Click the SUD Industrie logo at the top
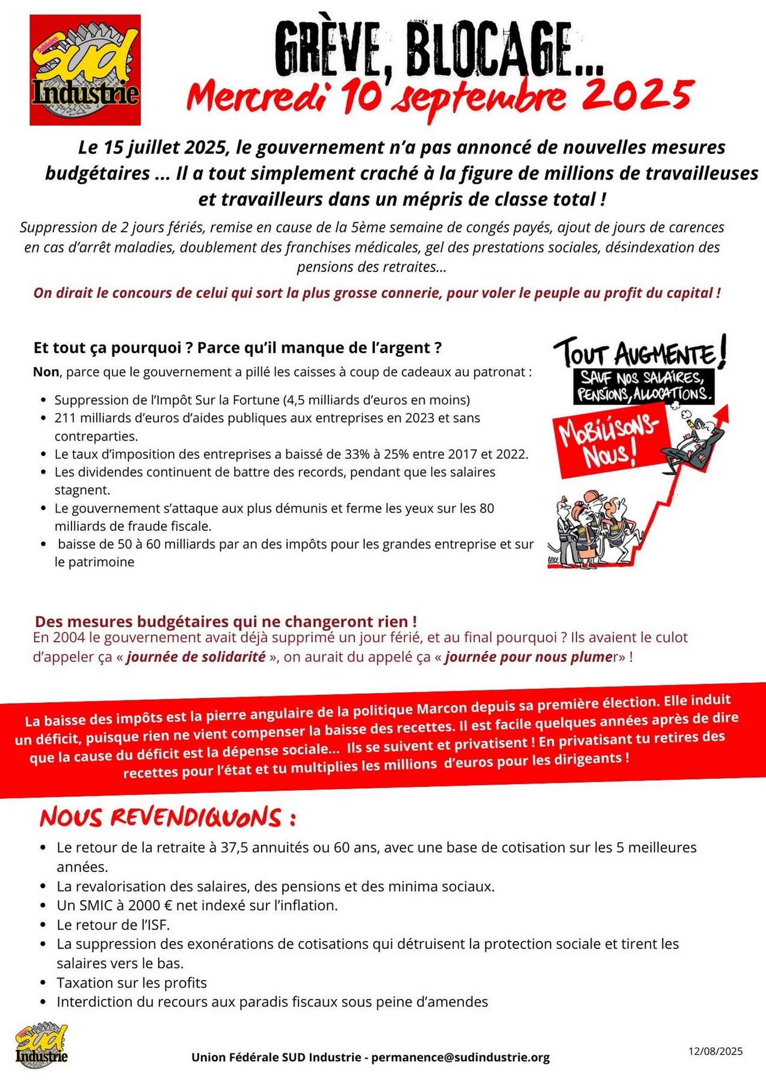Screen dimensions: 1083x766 click(85, 70)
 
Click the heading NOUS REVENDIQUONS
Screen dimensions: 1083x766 click(168, 818)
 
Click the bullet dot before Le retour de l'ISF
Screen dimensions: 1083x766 click(44, 925)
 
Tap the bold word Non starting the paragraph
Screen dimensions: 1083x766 click(46, 372)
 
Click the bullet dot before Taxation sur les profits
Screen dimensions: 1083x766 click(44, 983)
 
